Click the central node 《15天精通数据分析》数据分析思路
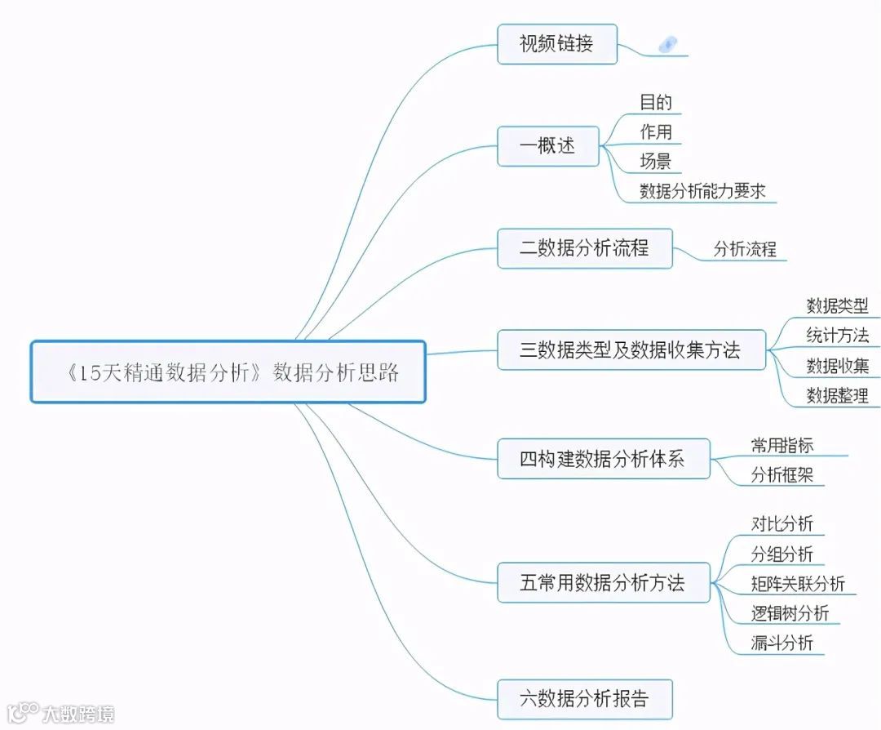point(228,372)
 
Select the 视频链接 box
point(557,44)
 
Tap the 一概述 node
point(548,146)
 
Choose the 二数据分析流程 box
point(585,248)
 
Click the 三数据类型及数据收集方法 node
point(631,350)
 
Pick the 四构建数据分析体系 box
point(603,459)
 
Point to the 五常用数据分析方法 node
point(603,582)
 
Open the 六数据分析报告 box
point(585,699)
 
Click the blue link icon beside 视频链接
point(667,45)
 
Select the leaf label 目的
point(656,102)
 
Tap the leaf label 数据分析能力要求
point(702,191)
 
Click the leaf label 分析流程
point(745,249)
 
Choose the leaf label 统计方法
point(837,335)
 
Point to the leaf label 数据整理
point(837,396)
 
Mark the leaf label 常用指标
point(781,445)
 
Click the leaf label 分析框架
point(781,474)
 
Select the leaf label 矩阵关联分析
point(798,584)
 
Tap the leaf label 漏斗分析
point(781,643)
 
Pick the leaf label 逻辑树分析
point(790,613)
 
